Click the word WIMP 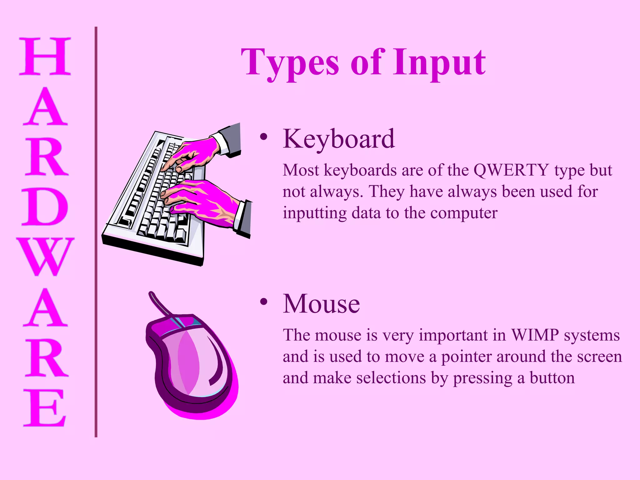pyautogui.click(x=535, y=335)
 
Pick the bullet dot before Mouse pyautogui.click(x=264, y=302)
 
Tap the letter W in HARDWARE pyautogui.click(x=46, y=256)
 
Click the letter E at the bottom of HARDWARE pyautogui.click(x=45, y=408)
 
